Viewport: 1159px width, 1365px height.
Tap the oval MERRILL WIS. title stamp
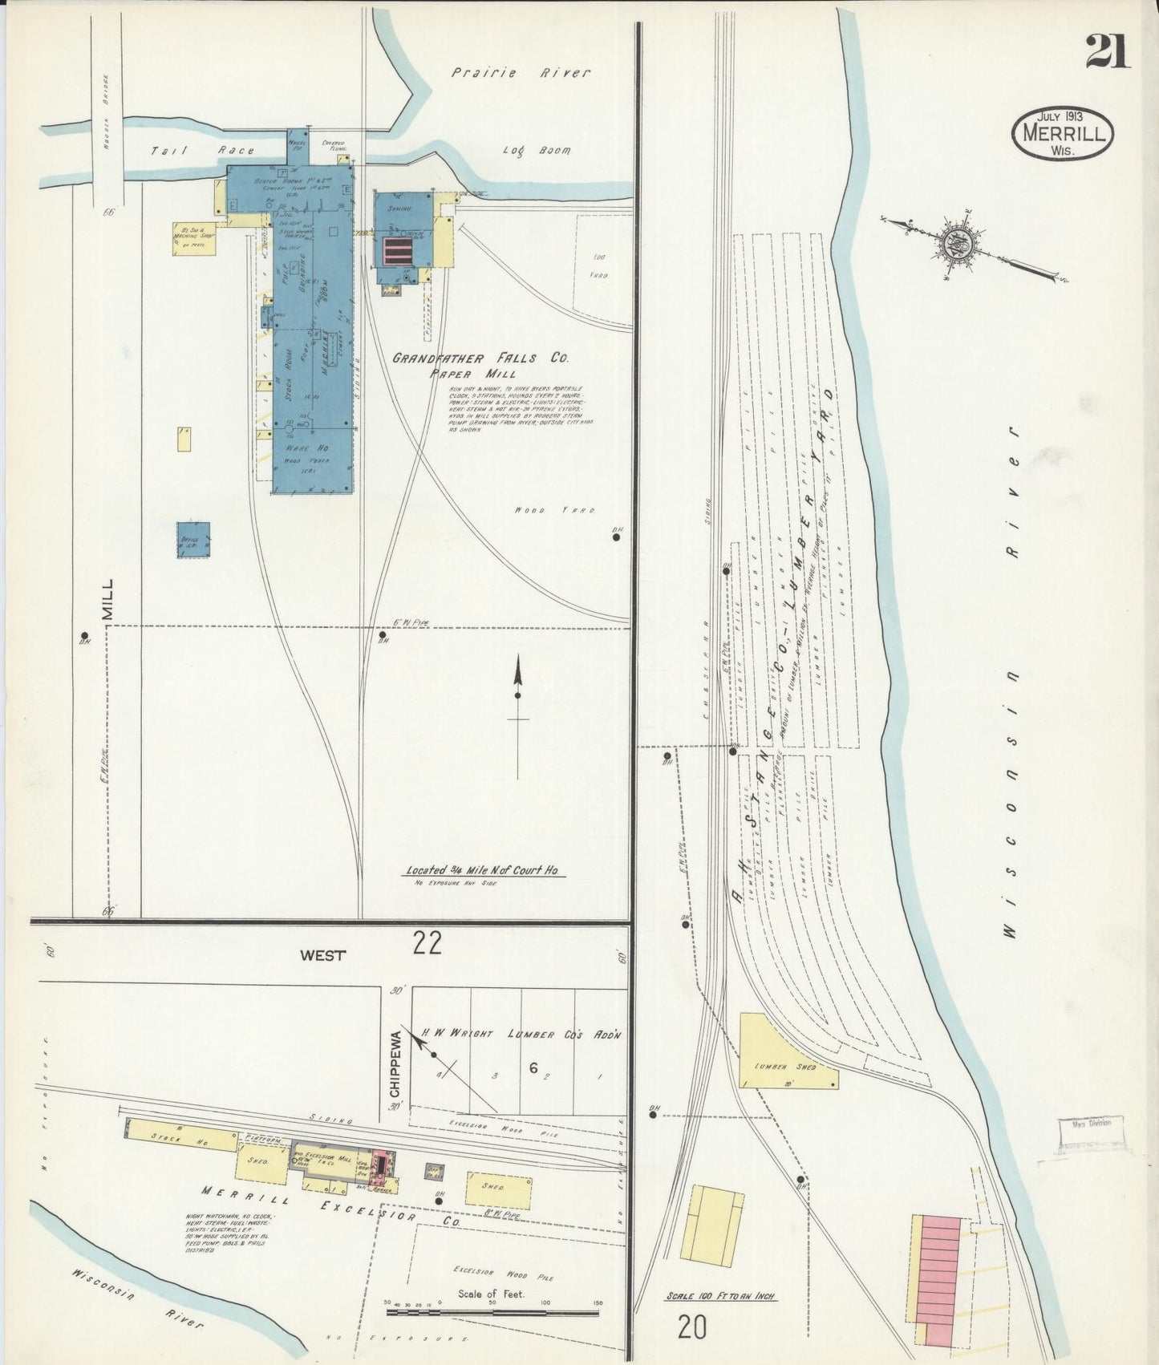(1064, 134)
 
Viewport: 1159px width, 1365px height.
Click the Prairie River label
(520, 73)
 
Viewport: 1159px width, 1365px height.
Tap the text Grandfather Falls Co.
(480, 358)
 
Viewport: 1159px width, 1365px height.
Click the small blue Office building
(194, 540)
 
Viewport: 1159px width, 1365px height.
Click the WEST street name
(322, 955)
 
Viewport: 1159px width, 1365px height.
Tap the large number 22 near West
(427, 943)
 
